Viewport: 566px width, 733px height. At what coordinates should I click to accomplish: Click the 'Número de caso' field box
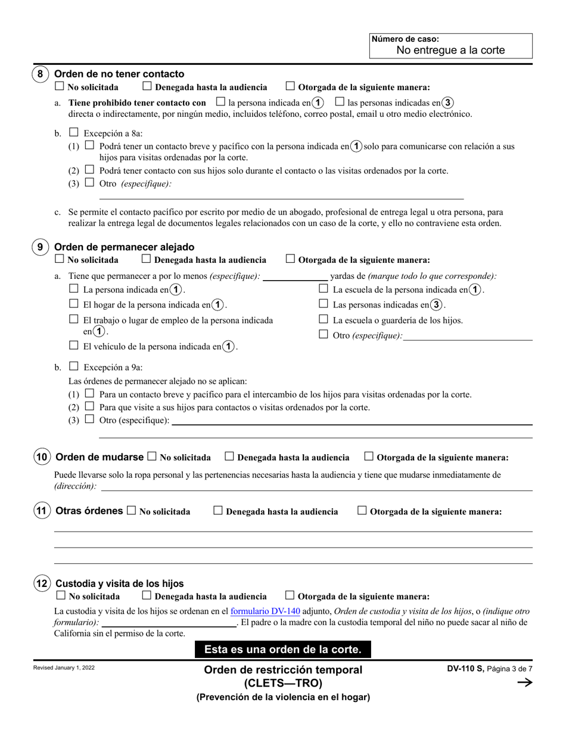point(450,45)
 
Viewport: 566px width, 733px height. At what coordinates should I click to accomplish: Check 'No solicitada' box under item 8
point(59,86)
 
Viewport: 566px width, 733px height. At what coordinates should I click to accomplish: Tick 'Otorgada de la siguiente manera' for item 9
point(290,259)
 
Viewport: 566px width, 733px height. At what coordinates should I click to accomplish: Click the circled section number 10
point(41,457)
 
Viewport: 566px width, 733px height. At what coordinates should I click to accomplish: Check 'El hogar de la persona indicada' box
point(74,304)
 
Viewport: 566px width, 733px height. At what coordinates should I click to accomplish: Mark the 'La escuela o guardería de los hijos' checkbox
point(324,319)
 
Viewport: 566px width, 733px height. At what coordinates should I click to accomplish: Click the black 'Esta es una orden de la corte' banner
point(282,649)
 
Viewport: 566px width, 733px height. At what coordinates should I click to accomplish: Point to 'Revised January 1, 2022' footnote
point(64,667)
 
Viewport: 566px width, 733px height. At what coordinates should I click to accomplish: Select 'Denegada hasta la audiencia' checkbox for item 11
point(218,510)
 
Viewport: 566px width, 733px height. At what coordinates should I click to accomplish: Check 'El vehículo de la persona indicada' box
point(74,345)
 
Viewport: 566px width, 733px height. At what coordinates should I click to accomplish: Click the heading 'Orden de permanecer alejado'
point(124,247)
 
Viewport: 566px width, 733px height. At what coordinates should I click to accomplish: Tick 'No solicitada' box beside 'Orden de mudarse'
point(151,456)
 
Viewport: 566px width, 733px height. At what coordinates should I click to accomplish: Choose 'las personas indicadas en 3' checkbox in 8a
point(340,101)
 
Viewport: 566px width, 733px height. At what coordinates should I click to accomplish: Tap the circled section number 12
point(41,583)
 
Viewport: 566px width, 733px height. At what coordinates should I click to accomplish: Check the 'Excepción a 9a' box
point(74,366)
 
